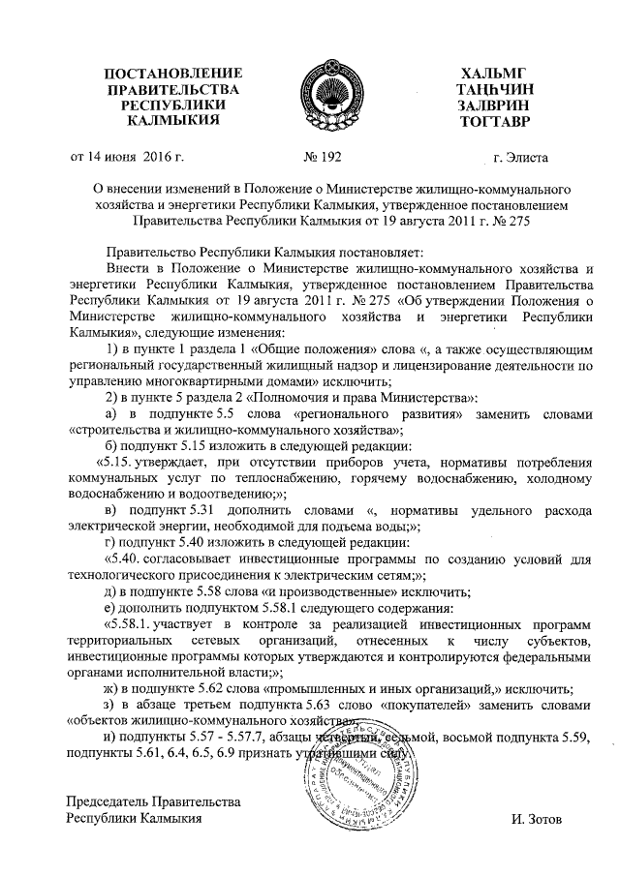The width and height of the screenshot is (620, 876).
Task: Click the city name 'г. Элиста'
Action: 520,156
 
